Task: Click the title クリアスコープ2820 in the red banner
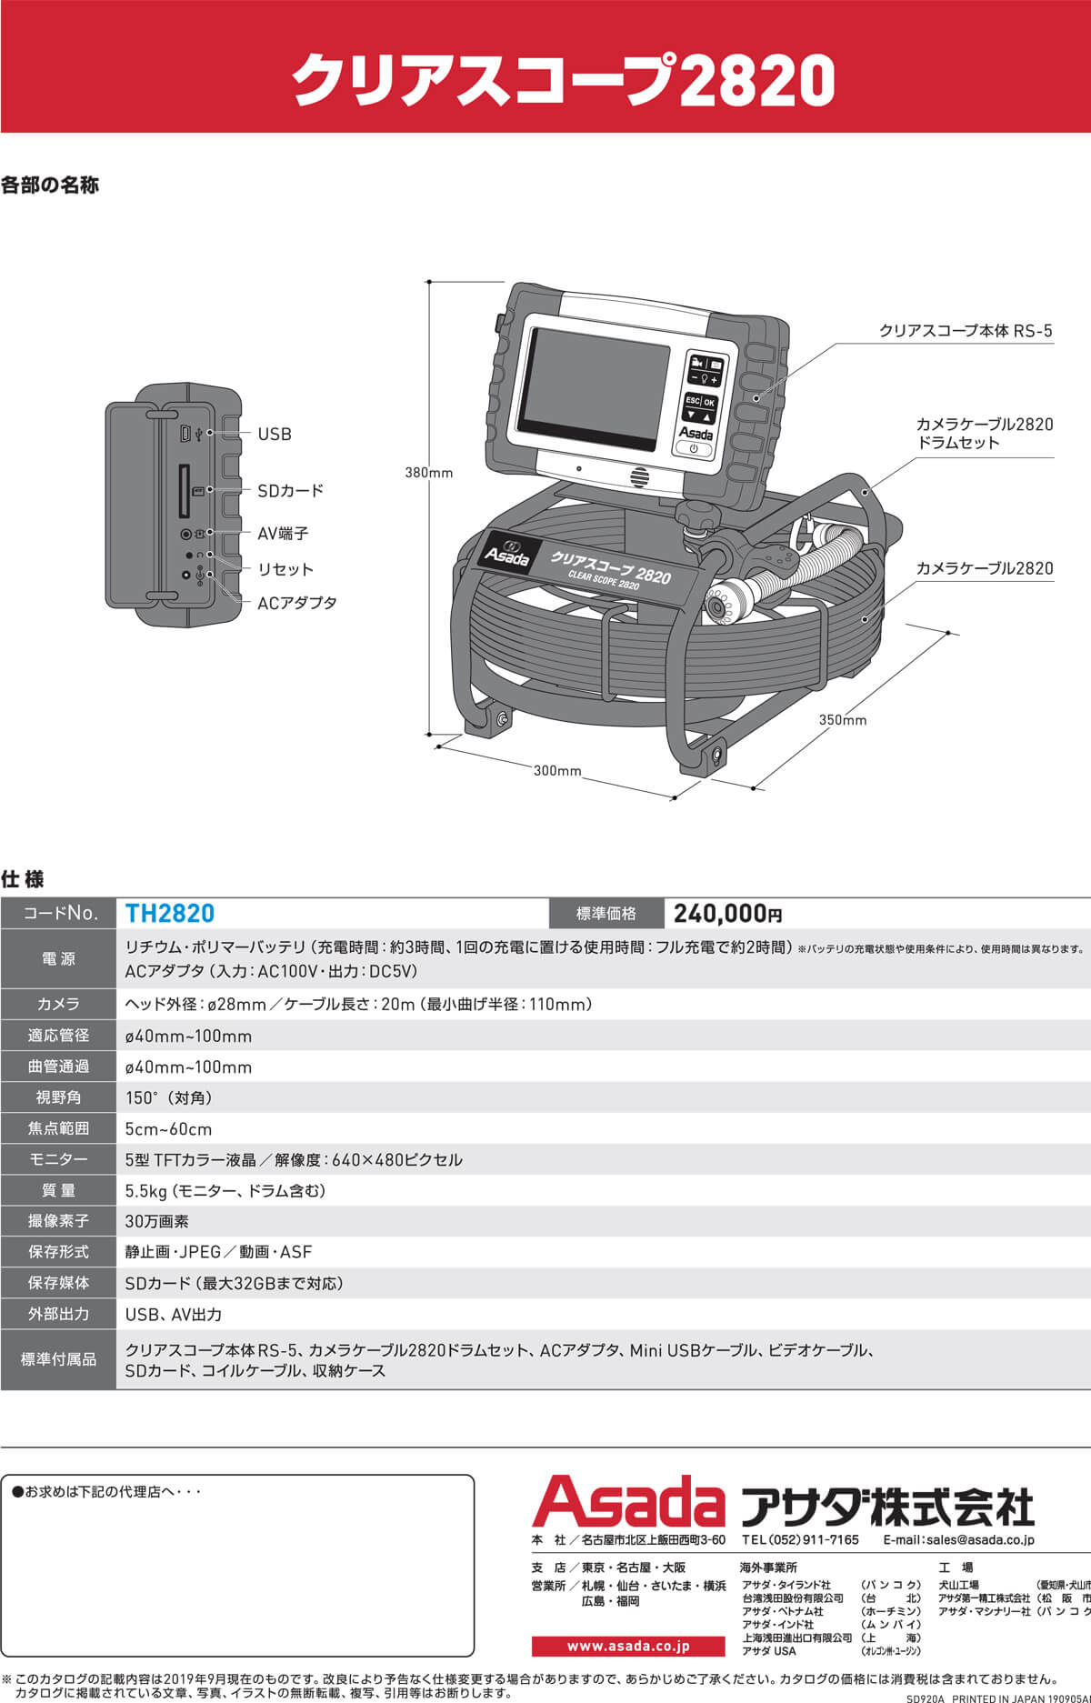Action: point(563,80)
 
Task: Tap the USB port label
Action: point(274,434)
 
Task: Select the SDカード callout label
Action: point(290,490)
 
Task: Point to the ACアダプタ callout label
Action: point(297,603)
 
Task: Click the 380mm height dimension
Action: point(428,473)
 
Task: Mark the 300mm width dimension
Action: point(556,770)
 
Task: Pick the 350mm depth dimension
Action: point(842,719)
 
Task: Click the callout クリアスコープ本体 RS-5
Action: point(965,331)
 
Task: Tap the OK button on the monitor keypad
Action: point(709,402)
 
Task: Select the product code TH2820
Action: point(170,913)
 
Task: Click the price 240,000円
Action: point(727,913)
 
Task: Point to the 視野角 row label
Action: point(58,1097)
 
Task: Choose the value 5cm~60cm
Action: point(168,1128)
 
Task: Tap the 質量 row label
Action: point(58,1190)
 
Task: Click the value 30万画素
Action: point(157,1221)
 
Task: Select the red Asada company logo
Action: point(628,1503)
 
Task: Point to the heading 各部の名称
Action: point(50,185)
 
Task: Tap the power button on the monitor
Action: point(694,449)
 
